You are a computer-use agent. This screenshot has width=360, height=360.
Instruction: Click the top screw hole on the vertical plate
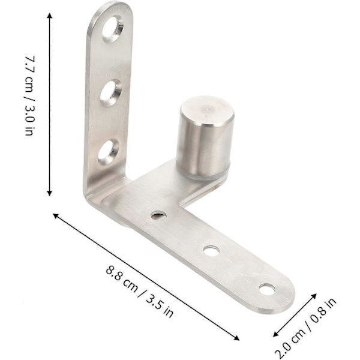[113, 29]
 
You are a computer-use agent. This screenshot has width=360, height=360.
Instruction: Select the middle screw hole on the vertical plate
[110, 93]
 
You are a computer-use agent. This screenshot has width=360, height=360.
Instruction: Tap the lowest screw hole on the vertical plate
[109, 152]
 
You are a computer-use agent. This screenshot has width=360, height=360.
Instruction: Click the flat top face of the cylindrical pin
[207, 111]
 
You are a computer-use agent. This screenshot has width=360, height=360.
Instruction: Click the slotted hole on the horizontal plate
[158, 215]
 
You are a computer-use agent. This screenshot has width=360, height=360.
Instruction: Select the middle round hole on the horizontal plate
[211, 250]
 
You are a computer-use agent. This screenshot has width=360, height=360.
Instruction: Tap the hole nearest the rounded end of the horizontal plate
[267, 289]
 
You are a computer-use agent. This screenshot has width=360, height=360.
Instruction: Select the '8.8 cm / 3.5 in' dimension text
[139, 291]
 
